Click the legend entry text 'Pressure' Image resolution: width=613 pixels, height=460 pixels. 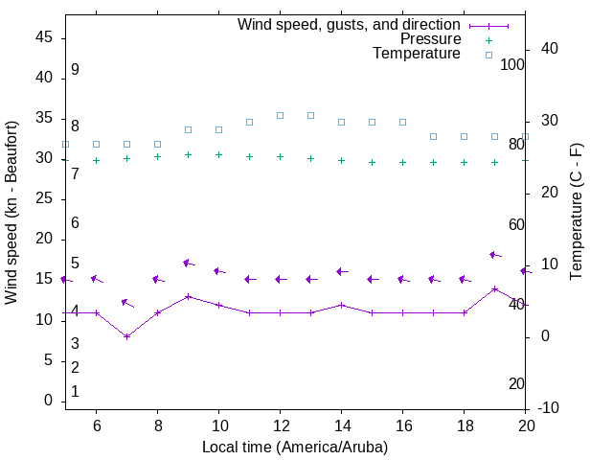coord(430,39)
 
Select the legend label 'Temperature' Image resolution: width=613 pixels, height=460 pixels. coord(417,54)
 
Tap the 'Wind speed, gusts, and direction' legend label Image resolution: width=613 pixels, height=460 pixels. coord(349,25)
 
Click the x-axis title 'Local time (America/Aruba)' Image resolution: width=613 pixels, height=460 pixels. coord(295,447)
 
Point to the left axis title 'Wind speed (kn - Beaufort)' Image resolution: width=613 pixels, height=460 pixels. coord(11,213)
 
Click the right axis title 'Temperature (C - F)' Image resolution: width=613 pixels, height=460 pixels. coord(576,213)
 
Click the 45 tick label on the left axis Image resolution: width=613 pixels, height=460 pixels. coord(44,37)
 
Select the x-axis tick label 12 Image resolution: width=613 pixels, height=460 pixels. coord(280,425)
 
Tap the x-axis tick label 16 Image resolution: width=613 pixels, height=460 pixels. coord(402,425)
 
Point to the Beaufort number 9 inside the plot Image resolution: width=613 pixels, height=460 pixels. coord(75,70)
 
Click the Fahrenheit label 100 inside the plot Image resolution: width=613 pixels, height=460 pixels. coord(512,64)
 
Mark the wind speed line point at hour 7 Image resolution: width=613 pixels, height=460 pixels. coord(126,336)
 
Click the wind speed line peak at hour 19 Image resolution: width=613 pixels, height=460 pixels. coord(494,288)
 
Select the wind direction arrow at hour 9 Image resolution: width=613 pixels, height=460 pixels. coord(189,263)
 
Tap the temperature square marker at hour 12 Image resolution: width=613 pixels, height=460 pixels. coord(280,115)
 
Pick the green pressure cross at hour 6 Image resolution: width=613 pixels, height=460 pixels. coord(96,160)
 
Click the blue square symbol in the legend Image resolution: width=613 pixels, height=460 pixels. coord(488,55)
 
